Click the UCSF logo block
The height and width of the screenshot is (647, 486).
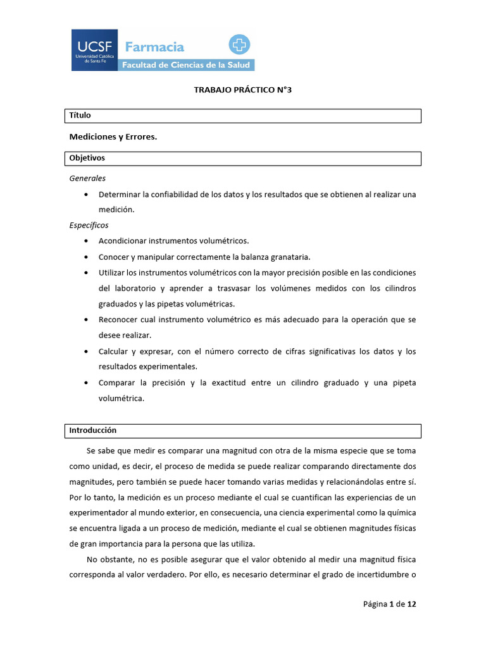point(94,50)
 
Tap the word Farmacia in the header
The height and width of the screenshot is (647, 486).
point(154,47)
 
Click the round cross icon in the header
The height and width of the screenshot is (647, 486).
point(240,45)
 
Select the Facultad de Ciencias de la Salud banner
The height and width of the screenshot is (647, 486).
point(187,65)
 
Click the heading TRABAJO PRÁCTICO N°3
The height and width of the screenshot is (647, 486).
point(242,90)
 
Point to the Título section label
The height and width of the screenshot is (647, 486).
point(80,116)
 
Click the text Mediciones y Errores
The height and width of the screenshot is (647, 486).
point(113,136)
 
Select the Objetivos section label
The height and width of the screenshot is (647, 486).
point(87,158)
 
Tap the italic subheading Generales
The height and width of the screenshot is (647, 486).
point(87,178)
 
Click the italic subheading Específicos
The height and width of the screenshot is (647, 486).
point(89,225)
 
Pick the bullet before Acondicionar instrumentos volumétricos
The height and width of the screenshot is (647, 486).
point(85,241)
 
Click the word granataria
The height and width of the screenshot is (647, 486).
point(290,257)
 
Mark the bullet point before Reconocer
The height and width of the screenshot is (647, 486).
point(85,320)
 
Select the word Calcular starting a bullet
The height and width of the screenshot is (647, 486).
point(113,351)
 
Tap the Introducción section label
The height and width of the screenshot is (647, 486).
point(93,430)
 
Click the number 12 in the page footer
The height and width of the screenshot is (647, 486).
point(411,604)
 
